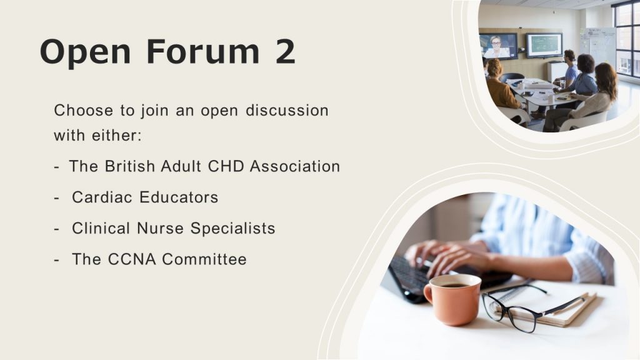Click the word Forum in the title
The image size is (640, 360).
[203, 52]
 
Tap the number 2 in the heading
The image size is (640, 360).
[285, 52]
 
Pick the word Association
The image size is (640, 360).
[295, 166]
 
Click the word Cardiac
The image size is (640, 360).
[102, 197]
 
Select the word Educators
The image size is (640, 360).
[179, 197]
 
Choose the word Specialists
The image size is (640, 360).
[232, 229]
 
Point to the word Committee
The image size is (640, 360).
[204, 259]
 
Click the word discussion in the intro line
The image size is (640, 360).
[287, 110]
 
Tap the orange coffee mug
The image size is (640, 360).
[452, 299]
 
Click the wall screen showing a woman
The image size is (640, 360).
[498, 46]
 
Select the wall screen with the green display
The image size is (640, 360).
[544, 45]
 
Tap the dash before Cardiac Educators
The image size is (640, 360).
[57, 198]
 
